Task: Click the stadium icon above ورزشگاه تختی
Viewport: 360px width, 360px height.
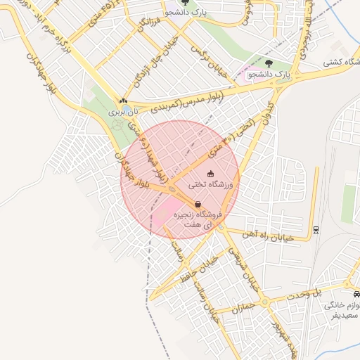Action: tap(210, 174)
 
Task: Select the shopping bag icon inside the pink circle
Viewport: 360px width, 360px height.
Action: tap(198, 205)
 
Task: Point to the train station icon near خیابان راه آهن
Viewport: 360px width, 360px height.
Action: tap(316, 229)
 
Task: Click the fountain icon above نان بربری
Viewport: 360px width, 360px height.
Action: tap(124, 101)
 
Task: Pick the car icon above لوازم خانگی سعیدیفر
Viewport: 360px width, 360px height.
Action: tap(353, 297)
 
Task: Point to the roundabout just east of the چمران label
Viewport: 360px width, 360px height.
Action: tap(266, 302)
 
